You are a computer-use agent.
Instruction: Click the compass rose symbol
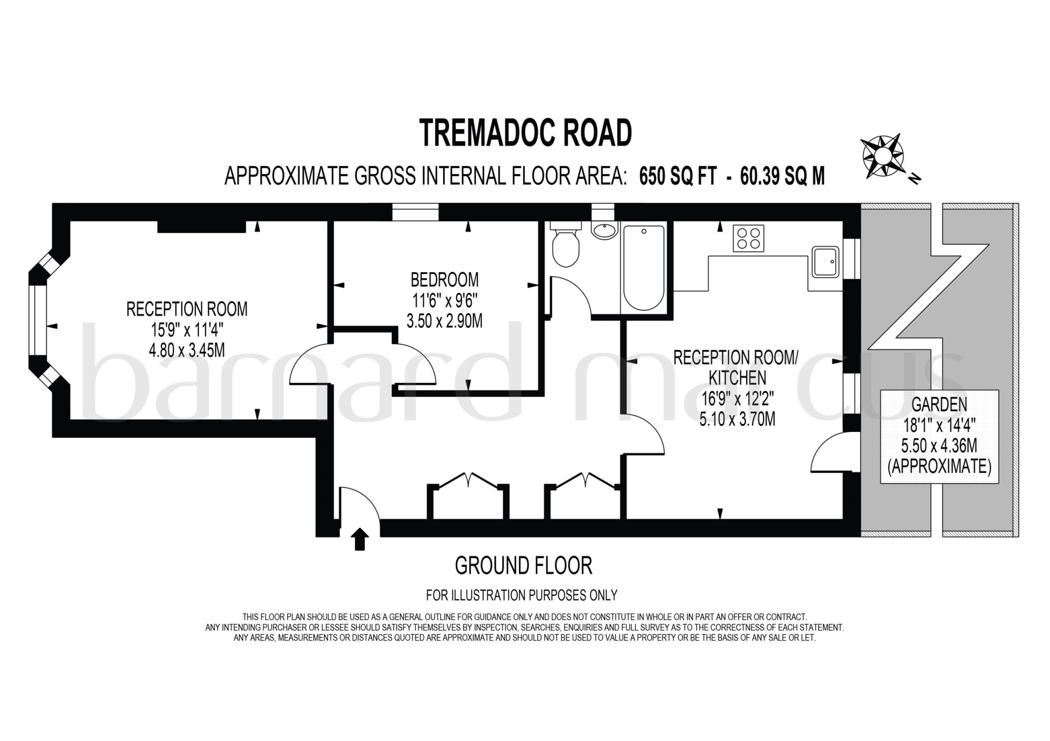click(x=882, y=156)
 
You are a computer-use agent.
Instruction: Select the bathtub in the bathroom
click(x=644, y=269)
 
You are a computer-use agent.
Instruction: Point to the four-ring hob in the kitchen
click(x=748, y=238)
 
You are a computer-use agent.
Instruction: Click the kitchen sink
click(x=825, y=262)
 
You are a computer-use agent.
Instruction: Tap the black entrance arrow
click(x=359, y=539)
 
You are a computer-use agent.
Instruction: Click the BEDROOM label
click(x=445, y=280)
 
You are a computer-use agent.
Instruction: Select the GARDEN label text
click(x=939, y=405)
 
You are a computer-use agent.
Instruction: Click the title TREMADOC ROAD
click(x=525, y=133)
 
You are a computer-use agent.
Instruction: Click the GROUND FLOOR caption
click(x=523, y=566)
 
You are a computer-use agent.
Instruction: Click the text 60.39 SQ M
click(x=782, y=176)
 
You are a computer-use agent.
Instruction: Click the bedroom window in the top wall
click(x=415, y=212)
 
